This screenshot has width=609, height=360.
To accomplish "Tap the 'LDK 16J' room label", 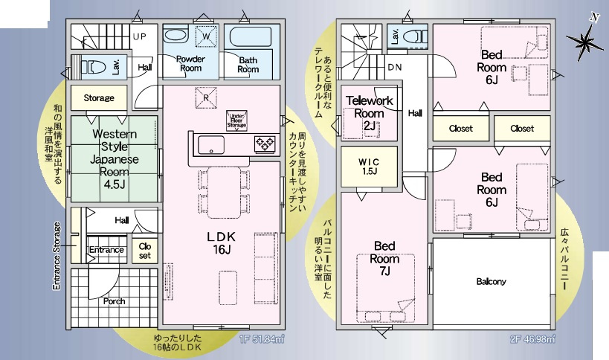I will [x=221, y=242].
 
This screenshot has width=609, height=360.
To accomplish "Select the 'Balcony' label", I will [x=492, y=281].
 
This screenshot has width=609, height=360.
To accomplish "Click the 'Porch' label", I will [x=114, y=301].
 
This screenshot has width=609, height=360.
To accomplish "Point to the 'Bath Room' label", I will [x=248, y=64].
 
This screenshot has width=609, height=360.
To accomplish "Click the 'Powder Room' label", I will [x=190, y=63].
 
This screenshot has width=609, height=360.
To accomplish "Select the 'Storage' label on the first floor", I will [x=99, y=98].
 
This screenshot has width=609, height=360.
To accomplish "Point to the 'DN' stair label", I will [x=395, y=67].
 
